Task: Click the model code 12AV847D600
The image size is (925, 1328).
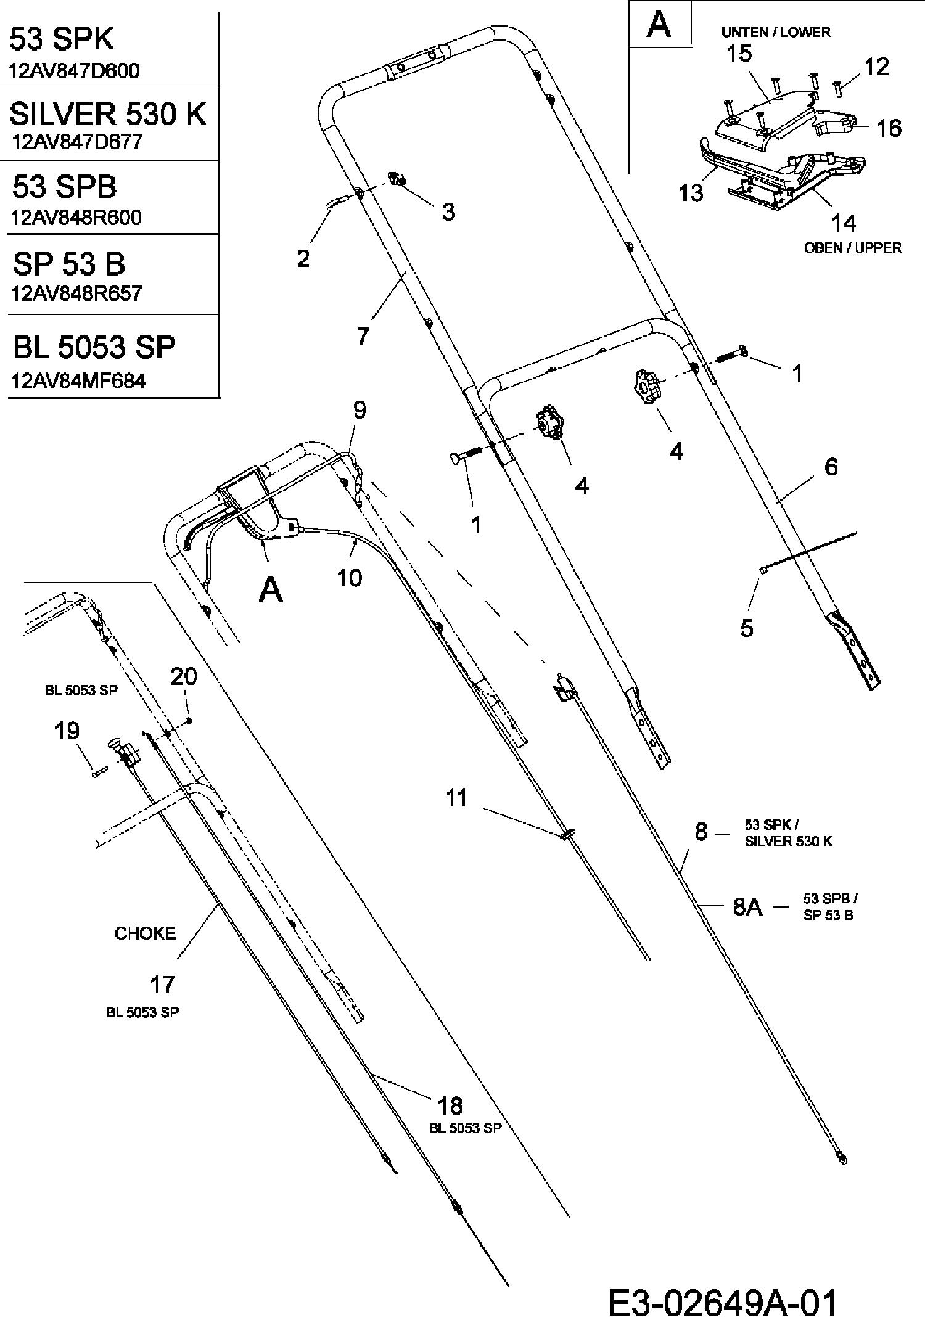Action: click(74, 70)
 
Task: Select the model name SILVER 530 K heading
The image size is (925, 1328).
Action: click(108, 113)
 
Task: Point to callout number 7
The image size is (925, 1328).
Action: click(363, 335)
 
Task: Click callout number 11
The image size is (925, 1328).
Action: click(457, 798)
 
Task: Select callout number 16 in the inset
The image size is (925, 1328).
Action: click(889, 128)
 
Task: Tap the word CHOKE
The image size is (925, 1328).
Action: click(145, 933)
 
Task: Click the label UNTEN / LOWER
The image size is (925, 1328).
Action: click(776, 32)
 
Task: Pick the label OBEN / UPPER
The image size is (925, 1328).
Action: click(853, 248)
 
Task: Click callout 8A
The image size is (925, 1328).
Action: click(747, 908)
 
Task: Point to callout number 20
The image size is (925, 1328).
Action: click(184, 676)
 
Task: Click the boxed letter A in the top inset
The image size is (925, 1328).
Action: click(659, 25)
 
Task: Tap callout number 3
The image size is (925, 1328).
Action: click(448, 211)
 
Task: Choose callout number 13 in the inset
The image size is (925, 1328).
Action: click(691, 192)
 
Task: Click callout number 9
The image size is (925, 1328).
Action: click(360, 410)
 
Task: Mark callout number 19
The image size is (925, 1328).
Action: click(67, 731)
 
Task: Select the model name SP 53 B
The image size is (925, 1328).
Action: click(69, 264)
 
